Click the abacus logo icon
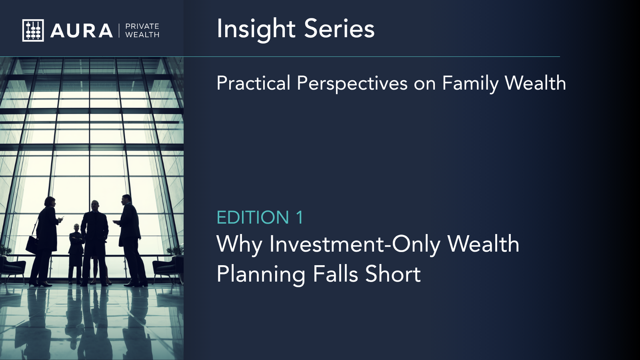(x=33, y=30)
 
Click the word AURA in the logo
(x=82, y=31)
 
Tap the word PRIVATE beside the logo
(x=142, y=26)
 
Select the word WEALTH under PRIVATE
(x=142, y=35)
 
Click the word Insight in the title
(x=256, y=29)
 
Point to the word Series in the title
(x=339, y=28)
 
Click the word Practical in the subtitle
(x=254, y=83)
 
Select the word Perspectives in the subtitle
(x=352, y=84)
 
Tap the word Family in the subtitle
(x=470, y=84)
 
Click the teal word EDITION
(x=253, y=218)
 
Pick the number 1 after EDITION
(x=300, y=218)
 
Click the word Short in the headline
(x=393, y=274)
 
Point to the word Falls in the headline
(x=336, y=274)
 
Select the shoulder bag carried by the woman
(x=32, y=245)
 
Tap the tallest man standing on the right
(x=130, y=240)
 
